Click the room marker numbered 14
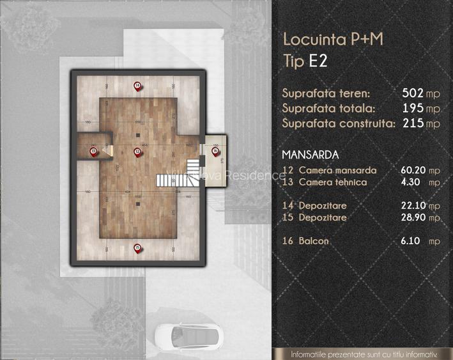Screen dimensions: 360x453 pyautogui.click(x=137, y=85)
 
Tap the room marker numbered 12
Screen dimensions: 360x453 pyautogui.click(x=137, y=151)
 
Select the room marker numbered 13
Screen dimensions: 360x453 pyautogui.click(x=93, y=151)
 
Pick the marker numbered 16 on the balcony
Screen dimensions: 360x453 pyautogui.click(x=215, y=152)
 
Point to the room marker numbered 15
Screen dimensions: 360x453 pyautogui.click(x=137, y=247)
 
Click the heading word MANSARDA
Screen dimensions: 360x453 pyautogui.click(x=311, y=155)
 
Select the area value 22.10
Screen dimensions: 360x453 pyautogui.click(x=413, y=206)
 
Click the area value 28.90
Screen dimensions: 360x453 pyautogui.click(x=413, y=218)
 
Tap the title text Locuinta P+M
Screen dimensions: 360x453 pyautogui.click(x=333, y=40)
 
